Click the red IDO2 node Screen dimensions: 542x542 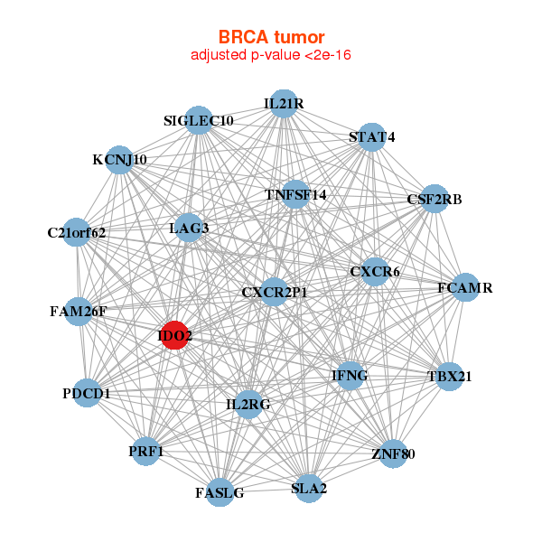(x=174, y=336)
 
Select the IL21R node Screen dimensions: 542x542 (x=284, y=104)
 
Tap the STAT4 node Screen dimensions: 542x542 (x=372, y=137)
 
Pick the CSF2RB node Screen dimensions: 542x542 (x=435, y=199)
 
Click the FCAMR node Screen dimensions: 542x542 (x=464, y=288)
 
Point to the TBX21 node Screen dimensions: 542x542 (x=449, y=376)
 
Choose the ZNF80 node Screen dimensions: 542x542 (x=392, y=453)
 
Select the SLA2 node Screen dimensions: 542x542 (x=309, y=489)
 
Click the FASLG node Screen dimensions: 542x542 (x=220, y=492)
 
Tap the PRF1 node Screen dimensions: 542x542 (x=146, y=451)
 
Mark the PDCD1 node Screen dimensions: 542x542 (x=87, y=393)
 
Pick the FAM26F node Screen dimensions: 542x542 (x=78, y=312)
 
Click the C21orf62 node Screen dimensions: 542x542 (x=77, y=232)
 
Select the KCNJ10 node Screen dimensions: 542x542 (x=119, y=160)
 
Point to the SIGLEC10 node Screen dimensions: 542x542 (x=199, y=120)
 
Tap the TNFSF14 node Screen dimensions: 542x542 (x=295, y=194)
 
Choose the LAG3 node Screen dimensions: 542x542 (x=189, y=228)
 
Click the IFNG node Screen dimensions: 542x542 (x=350, y=375)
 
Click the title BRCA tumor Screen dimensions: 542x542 (x=271, y=37)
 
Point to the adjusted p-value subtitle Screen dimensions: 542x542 (x=271, y=55)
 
